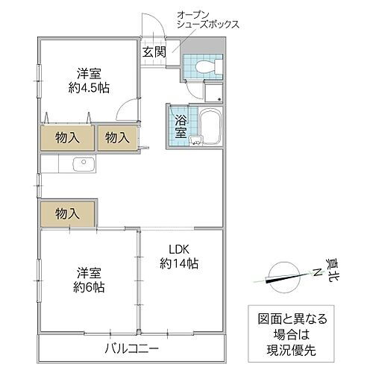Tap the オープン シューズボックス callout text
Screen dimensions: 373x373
pyautogui.click(x=208, y=19)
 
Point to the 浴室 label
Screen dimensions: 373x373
pyautogui.click(x=181, y=127)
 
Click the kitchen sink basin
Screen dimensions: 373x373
pyautogui.click(x=76, y=164)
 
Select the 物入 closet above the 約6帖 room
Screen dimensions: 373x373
pyautogui.click(x=68, y=213)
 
